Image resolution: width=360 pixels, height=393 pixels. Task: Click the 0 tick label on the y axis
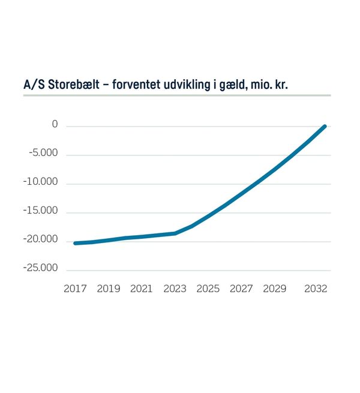point(55,125)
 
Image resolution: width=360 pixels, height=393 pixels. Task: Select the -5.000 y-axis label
point(44,153)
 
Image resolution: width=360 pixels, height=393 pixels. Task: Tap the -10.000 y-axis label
point(42,182)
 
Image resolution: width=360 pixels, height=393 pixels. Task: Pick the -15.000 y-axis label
point(42,211)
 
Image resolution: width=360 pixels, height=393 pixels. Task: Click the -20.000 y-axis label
point(42,239)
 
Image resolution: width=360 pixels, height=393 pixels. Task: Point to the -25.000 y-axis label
point(42,268)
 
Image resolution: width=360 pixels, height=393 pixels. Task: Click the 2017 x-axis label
point(75,289)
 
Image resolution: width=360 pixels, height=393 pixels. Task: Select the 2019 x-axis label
point(109,289)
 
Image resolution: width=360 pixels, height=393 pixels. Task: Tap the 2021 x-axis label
point(142,289)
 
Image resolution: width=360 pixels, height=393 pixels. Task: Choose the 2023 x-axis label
point(175,289)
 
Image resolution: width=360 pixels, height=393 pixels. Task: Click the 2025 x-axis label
point(208,289)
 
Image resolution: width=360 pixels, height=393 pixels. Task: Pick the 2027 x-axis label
point(241,289)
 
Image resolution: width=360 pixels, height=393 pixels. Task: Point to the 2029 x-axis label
point(275,289)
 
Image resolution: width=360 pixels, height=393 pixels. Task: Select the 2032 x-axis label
point(316,289)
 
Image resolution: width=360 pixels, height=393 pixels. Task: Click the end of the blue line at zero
point(325,126)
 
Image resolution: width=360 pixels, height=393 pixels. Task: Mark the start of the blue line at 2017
point(76,243)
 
